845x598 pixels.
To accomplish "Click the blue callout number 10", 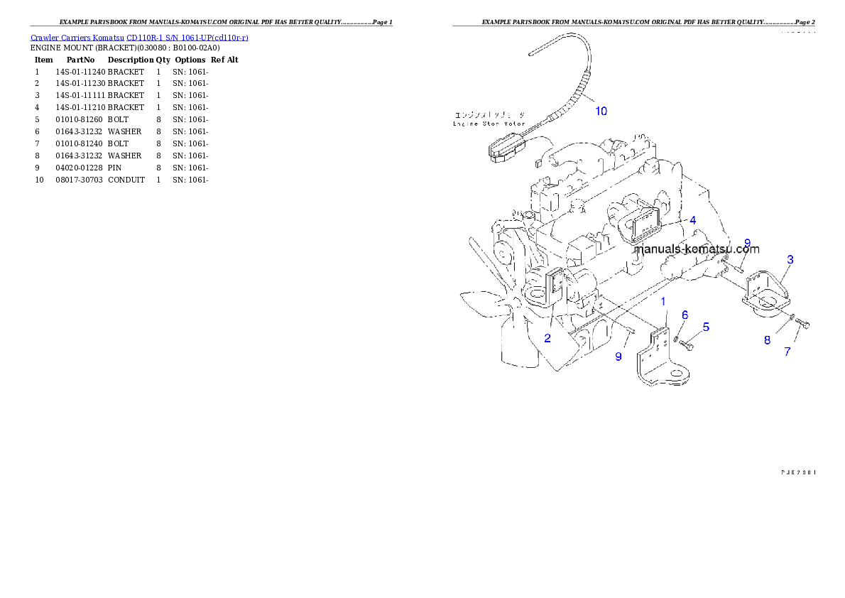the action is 601,111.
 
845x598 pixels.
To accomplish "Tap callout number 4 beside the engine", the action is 692,221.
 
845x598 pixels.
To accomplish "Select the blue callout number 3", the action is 790,260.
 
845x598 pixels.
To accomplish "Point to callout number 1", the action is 663,302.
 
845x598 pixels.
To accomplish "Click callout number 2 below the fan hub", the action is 547,338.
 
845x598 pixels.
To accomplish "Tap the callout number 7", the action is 787,352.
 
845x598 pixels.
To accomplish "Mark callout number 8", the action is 767,340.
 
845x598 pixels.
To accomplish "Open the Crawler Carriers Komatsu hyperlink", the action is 139,37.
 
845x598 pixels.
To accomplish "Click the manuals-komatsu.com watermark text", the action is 696,249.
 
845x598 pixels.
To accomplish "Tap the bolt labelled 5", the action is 687,344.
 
